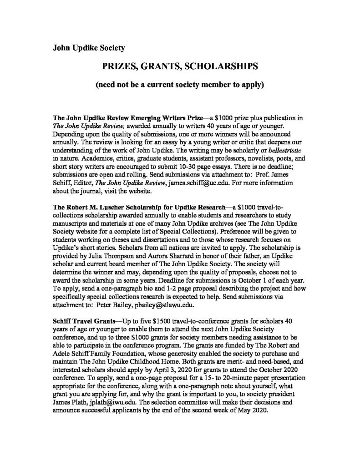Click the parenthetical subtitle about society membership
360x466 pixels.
pyautogui.click(x=180, y=85)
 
